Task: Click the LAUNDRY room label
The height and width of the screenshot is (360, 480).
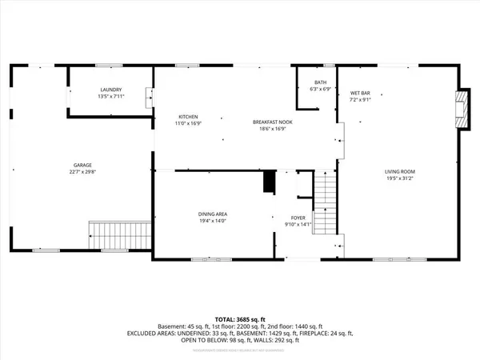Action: pyautogui.click(x=110, y=90)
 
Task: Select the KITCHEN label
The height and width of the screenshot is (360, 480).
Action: pyautogui.click(x=188, y=118)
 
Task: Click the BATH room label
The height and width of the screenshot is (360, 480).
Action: pyautogui.click(x=320, y=82)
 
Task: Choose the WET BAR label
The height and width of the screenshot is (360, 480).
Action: pyautogui.click(x=359, y=93)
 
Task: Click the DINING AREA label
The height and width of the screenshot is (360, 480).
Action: pyautogui.click(x=214, y=214)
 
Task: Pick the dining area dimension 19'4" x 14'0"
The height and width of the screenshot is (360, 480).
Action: pyautogui.click(x=214, y=220)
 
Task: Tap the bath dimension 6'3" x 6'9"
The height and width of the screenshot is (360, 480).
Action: pyautogui.click(x=320, y=89)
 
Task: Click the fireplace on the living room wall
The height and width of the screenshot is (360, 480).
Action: pyautogui.click(x=459, y=109)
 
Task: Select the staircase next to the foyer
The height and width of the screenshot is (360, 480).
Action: pyautogui.click(x=323, y=204)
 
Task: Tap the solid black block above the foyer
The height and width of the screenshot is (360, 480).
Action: pyautogui.click(x=269, y=182)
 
